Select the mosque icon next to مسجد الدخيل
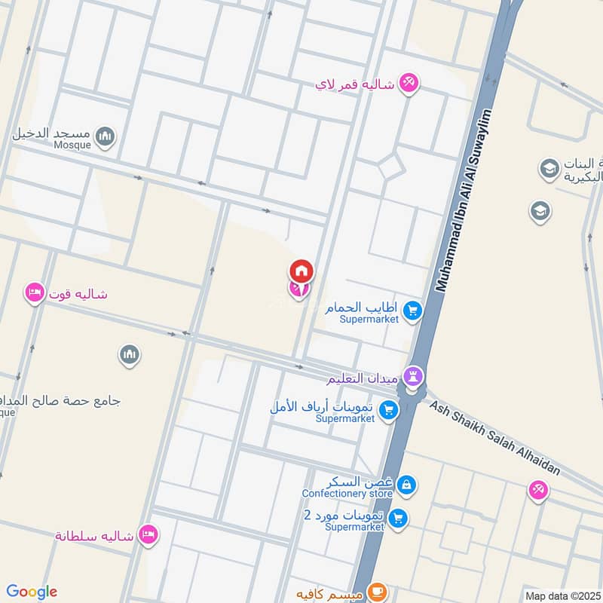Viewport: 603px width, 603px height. coord(106,136)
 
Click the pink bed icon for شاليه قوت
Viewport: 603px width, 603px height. coord(34,292)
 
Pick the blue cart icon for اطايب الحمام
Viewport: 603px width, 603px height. coord(412,310)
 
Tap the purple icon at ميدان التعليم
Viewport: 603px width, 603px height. coord(413,375)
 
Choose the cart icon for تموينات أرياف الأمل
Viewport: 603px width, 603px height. coord(388,409)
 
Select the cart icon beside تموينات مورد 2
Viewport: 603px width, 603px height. coord(399,518)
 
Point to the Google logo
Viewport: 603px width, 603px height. coord(32,592)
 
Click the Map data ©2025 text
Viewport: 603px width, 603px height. coord(562,596)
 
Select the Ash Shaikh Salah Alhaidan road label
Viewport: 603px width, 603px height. coord(495,437)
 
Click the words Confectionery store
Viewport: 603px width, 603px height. coord(347,494)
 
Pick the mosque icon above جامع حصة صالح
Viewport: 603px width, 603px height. coord(130,354)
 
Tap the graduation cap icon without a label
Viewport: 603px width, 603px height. coord(540,212)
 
